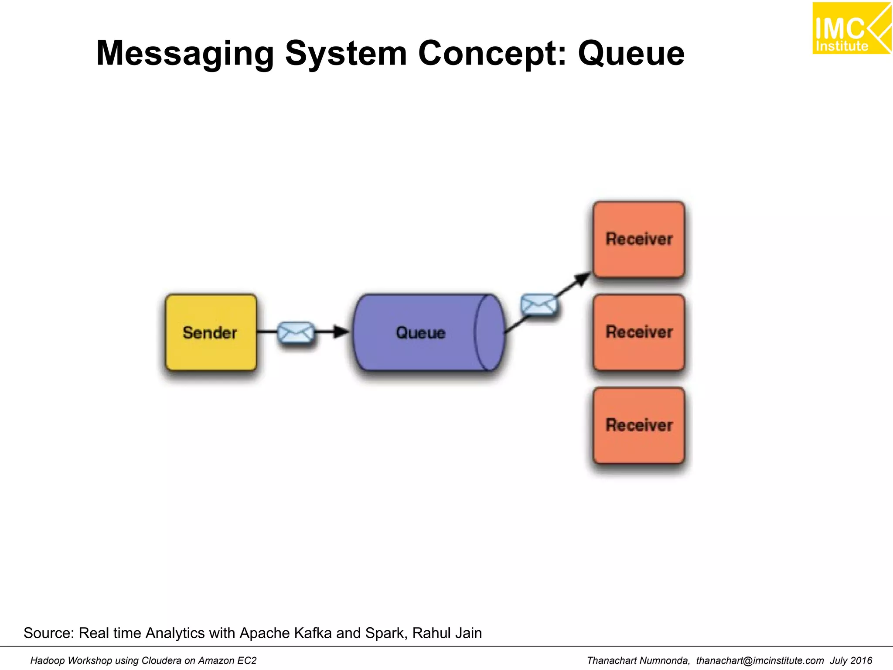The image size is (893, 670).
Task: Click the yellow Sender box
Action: coord(211,332)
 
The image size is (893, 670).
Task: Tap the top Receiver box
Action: coord(639,239)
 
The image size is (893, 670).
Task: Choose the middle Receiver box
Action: coord(639,332)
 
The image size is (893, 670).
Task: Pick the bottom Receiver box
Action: coord(639,425)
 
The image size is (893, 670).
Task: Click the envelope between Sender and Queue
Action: coord(296,333)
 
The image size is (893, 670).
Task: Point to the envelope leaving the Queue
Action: coord(539,304)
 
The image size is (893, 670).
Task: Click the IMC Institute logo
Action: coord(851,28)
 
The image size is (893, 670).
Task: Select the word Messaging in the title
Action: coord(185,53)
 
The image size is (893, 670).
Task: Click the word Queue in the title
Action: coord(631,53)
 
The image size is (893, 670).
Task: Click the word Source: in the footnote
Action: coord(48,633)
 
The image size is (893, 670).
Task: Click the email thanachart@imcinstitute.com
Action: coord(760,660)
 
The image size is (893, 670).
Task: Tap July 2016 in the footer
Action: coord(851,660)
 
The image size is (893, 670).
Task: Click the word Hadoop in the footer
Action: coord(48,660)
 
